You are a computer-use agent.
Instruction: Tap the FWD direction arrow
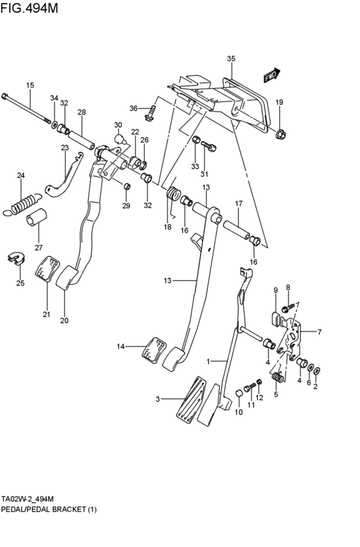pos(272,76)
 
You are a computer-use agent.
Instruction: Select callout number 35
pos(231,58)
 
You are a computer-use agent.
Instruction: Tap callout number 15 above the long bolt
pos(30,85)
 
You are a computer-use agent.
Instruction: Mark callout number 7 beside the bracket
pos(318,332)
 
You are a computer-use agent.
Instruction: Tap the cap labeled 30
pos(118,138)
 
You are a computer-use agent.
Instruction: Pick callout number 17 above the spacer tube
pos(238,204)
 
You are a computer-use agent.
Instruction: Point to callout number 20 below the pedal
pos(64,320)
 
